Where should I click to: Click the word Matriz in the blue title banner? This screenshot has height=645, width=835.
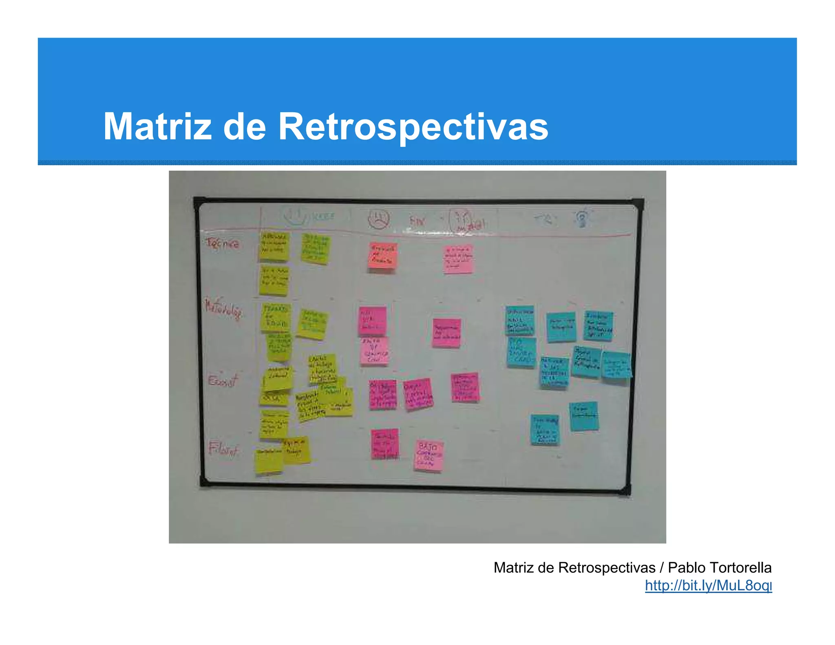[x=157, y=126]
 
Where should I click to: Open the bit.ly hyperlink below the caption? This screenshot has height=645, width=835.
[x=708, y=585]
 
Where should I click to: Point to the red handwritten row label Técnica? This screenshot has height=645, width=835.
[x=223, y=243]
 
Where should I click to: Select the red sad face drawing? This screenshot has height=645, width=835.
[x=378, y=219]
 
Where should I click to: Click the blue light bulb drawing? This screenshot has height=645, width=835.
[x=582, y=218]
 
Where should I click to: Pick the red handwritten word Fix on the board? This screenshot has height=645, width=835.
[x=417, y=221]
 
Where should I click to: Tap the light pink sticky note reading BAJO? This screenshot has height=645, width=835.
[x=429, y=456]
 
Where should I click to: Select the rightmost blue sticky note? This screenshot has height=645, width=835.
[x=616, y=364]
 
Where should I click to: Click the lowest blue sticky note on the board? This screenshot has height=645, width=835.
[x=545, y=430]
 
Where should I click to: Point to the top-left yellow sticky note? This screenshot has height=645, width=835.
[x=274, y=246]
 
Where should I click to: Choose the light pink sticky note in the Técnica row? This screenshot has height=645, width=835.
[x=458, y=259]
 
